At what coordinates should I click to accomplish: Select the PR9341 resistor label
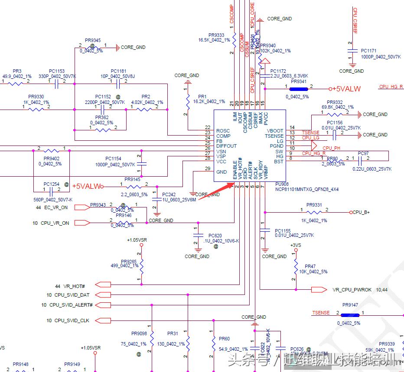tap(299, 81)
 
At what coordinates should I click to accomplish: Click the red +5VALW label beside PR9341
tap(346, 89)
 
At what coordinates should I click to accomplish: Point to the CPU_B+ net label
tap(361, 213)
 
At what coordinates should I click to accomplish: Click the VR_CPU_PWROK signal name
tap(352, 290)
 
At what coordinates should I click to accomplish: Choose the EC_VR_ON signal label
tap(56, 207)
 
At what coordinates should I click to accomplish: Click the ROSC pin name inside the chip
tap(223, 131)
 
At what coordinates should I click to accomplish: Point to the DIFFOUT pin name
tap(227, 146)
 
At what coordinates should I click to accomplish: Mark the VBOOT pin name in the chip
tap(275, 131)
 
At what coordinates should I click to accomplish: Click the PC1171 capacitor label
tap(369, 51)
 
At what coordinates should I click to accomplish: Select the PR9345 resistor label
tap(92, 41)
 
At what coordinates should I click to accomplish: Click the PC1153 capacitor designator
tap(57, 71)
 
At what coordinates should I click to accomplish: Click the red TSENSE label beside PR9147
tap(321, 313)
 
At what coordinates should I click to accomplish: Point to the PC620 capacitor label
tap(215, 236)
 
